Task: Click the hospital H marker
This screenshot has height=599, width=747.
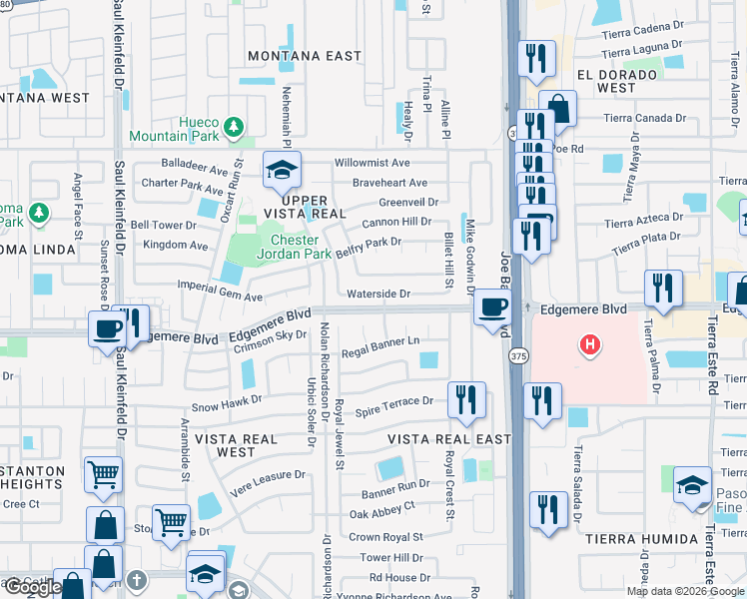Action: tap(590, 345)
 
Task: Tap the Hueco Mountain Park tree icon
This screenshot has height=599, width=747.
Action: tap(234, 127)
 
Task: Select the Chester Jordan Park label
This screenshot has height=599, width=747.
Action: tap(295, 247)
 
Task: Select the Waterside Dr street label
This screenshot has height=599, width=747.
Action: tap(378, 294)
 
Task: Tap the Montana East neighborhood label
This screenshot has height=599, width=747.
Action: tap(304, 56)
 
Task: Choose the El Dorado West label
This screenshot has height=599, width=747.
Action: tap(616, 81)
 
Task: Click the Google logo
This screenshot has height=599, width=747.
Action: tap(32, 588)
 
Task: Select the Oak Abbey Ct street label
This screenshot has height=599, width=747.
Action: tap(381, 506)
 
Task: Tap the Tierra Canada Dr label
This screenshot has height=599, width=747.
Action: tap(645, 117)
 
